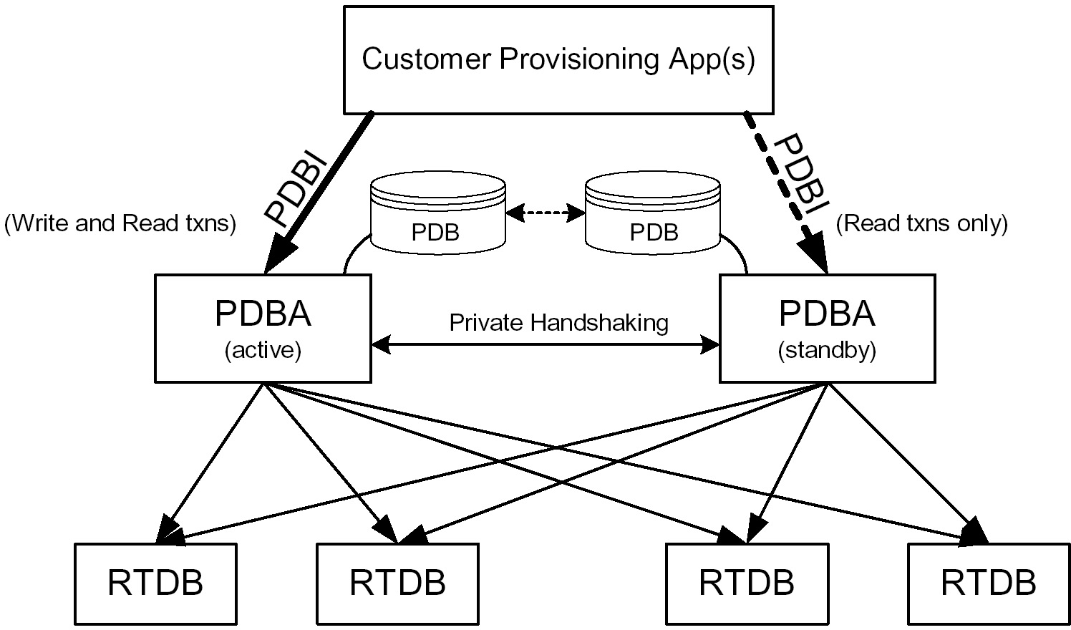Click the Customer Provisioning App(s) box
[x=558, y=59]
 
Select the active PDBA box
[x=263, y=328]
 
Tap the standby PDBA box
[x=826, y=328]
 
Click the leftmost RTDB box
[x=155, y=583]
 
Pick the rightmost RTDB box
[x=988, y=583]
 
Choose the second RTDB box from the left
[x=397, y=583]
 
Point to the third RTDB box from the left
[x=747, y=583]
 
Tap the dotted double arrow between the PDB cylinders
[x=545, y=213]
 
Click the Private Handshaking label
[x=558, y=322]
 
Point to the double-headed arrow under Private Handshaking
[x=545, y=346]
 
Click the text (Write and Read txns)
[x=120, y=223]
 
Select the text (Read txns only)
[x=921, y=223]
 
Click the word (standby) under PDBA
[x=826, y=351]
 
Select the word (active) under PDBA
[x=263, y=351]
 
